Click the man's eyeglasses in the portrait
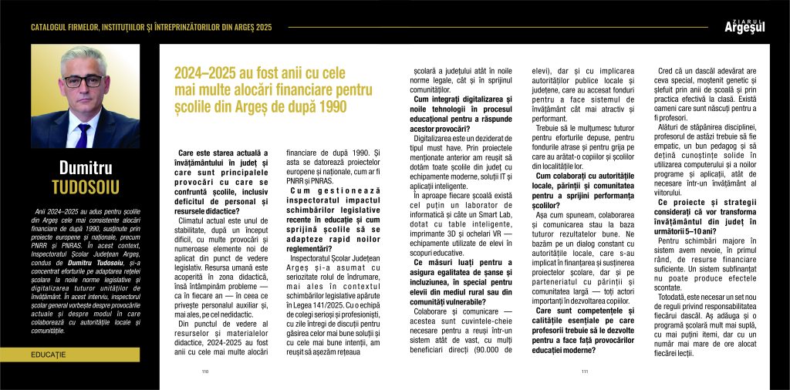[83, 79]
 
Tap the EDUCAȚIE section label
[49, 354]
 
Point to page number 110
[205, 371]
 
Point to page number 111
[585, 371]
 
